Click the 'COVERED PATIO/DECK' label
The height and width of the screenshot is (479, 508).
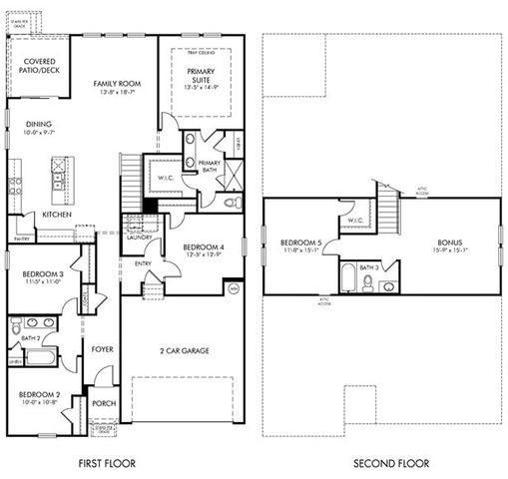coord(38,65)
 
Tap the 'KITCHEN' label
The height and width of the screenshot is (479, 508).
coord(56,215)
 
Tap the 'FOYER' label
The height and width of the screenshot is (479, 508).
coord(103,350)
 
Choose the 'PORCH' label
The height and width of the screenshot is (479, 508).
coord(104,404)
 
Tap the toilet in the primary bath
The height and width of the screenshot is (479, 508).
coord(232,202)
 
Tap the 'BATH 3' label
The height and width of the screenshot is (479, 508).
coord(368,266)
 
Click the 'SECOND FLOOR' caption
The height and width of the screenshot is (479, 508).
coord(391,463)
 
